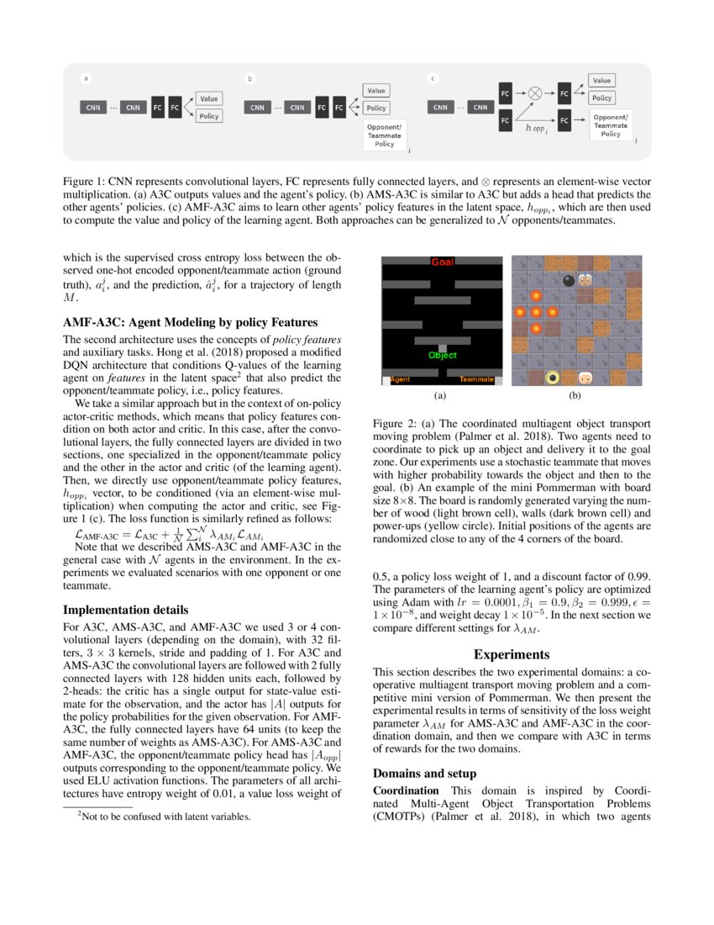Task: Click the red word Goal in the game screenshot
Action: pos(442,262)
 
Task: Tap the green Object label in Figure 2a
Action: pos(442,355)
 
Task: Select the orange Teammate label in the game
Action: pos(476,380)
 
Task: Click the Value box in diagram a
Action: pos(209,98)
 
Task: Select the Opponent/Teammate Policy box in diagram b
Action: pos(384,135)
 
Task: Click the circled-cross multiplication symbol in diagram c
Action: pos(534,93)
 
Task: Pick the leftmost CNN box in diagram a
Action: pos(93,108)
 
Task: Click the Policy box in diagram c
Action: pos(601,98)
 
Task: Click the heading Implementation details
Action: pos(126,610)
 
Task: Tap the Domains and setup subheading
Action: pos(424,773)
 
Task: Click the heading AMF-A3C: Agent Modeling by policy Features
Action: pos(191,322)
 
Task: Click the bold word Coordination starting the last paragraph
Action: pos(406,790)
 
